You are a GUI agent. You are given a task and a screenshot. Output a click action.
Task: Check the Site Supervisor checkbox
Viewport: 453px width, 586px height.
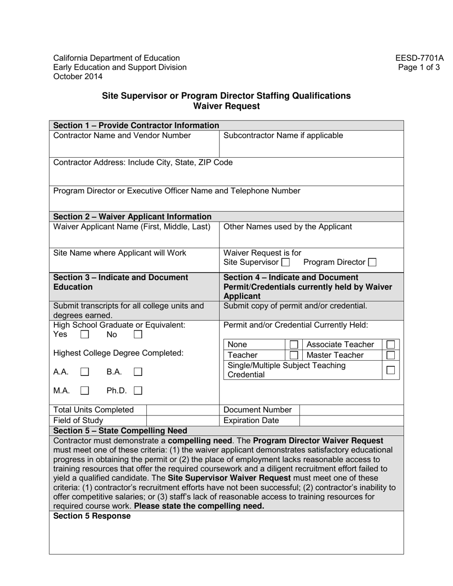[x=285, y=263]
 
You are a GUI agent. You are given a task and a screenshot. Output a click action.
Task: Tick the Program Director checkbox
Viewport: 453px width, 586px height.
[x=372, y=263]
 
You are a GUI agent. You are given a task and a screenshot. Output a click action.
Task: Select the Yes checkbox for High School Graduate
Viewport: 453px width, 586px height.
[x=84, y=335]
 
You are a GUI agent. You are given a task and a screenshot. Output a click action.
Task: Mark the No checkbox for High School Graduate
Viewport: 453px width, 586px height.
[x=138, y=335]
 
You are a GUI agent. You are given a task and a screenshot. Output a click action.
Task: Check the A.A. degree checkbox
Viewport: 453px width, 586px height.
[x=84, y=371]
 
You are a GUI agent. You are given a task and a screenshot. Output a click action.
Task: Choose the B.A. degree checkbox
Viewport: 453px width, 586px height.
[x=138, y=371]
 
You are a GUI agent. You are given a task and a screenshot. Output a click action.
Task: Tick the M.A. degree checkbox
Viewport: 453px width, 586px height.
[x=84, y=391]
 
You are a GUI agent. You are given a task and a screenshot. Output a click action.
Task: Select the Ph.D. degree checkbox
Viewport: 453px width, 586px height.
[x=138, y=391]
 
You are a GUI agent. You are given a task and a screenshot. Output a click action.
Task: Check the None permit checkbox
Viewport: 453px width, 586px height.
[x=294, y=344]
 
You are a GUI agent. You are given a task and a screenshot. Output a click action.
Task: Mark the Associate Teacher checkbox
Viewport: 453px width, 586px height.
[x=391, y=344]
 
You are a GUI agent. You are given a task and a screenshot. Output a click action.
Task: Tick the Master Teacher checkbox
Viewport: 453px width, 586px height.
[x=391, y=355]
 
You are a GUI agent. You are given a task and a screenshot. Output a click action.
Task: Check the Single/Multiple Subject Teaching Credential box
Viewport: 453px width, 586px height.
[x=391, y=370]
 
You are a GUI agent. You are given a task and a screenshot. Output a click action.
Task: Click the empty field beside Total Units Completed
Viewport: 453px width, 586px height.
[x=182, y=410]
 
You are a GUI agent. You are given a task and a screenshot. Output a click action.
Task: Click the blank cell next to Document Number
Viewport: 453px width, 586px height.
[x=351, y=410]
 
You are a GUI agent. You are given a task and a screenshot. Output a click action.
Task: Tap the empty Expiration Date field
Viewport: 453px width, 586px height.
[x=351, y=421]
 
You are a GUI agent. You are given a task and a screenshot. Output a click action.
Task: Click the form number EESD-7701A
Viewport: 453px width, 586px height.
[x=419, y=58]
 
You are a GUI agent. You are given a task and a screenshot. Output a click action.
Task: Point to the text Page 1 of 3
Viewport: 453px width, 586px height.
[x=419, y=67]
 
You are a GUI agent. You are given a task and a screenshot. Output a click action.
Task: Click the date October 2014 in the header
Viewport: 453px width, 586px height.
[x=78, y=76]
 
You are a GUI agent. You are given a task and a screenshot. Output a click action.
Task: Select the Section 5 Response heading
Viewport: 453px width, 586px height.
[x=92, y=516]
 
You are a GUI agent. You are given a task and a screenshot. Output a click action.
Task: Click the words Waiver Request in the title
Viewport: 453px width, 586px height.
[x=226, y=106]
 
